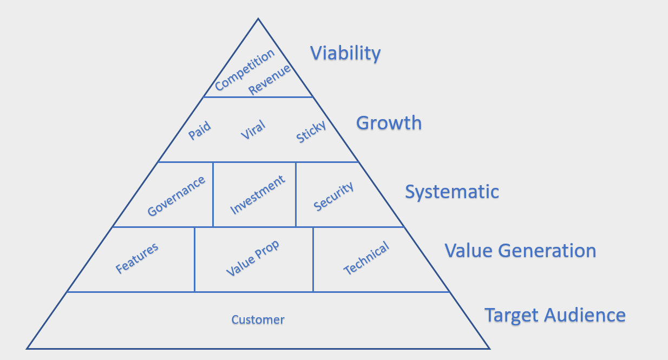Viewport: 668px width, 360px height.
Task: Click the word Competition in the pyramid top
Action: [x=245, y=70]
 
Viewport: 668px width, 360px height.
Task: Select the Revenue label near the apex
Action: [x=270, y=80]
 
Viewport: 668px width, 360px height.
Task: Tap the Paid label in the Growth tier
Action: [x=200, y=130]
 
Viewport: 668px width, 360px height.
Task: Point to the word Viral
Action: [x=253, y=130]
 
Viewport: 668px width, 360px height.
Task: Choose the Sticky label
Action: [x=311, y=132]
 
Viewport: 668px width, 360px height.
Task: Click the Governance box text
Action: [x=176, y=196]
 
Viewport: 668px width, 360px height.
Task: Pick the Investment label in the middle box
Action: [x=258, y=195]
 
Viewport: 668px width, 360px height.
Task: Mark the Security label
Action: [x=333, y=196]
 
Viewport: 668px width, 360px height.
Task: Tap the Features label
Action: [x=137, y=258]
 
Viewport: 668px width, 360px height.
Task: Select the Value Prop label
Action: [x=253, y=258]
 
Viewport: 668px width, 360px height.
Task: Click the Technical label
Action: [x=366, y=258]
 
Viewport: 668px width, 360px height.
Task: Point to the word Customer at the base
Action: [x=258, y=319]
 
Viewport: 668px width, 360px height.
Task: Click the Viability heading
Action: [x=345, y=54]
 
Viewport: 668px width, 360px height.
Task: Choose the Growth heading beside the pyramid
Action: [x=389, y=123]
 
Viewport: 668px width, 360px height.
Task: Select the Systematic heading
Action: [x=452, y=192]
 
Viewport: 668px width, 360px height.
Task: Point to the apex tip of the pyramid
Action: [x=258, y=19]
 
